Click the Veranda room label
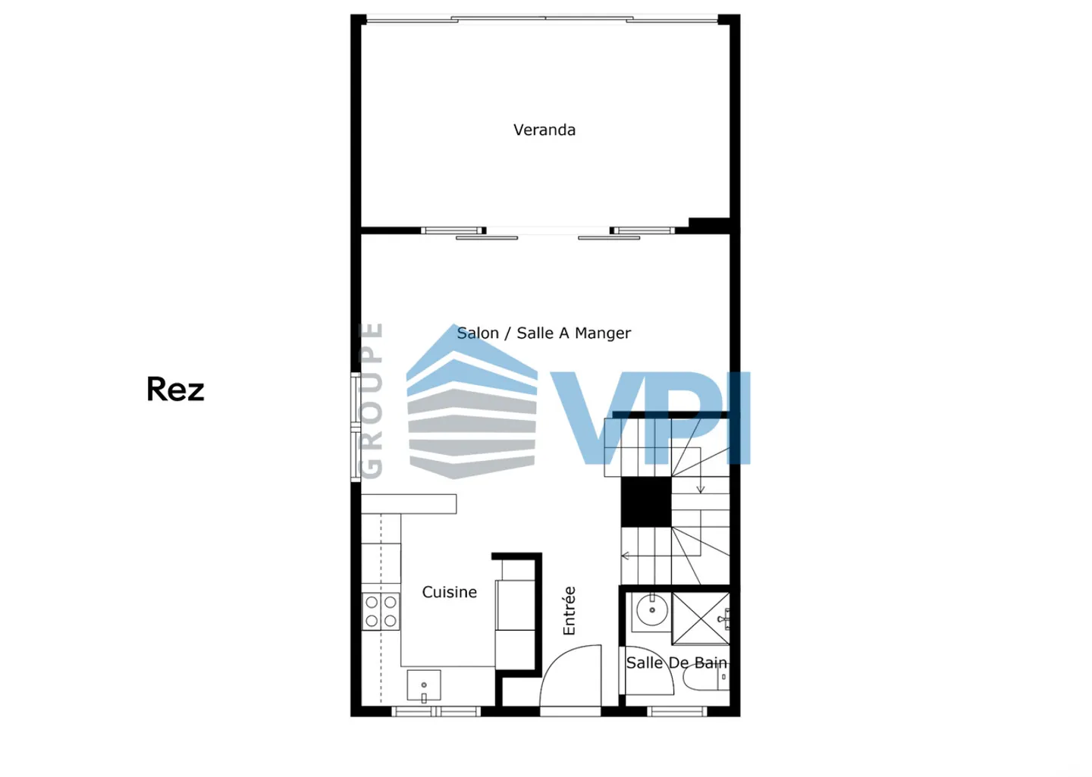pos(544,130)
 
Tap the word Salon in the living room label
pos(478,333)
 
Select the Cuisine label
pos(449,592)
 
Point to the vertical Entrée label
pos(569,610)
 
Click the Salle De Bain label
pos(676,663)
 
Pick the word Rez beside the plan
pos(175,389)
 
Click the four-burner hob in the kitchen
pos(381,611)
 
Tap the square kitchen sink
pos(424,686)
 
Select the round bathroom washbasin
pos(652,609)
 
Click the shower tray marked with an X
pos(701,619)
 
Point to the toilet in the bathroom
pos(706,678)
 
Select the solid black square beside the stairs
pos(646,502)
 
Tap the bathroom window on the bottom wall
pos(677,711)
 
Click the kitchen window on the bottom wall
pos(436,711)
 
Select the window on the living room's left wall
pos(356,427)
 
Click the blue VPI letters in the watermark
pos(651,418)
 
